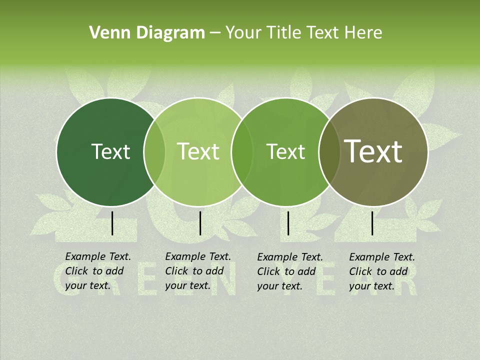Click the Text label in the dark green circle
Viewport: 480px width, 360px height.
pos(110,151)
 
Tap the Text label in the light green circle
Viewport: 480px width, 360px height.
pos(198,151)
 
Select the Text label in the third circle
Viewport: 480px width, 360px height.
pos(285,151)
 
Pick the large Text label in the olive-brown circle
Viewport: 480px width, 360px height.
pos(373,151)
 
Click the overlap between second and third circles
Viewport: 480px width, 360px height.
pos(241,152)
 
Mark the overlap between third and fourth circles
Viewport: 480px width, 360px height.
pos(328,152)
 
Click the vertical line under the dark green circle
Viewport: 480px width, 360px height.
pos(112,223)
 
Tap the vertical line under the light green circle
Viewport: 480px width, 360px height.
pos(200,223)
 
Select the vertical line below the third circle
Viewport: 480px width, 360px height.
pos(288,223)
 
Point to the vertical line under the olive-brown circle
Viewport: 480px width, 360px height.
pos(372,223)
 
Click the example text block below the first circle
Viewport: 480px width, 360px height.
pos(98,271)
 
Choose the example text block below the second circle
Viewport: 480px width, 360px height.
pos(198,271)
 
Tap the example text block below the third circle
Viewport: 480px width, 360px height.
pos(290,271)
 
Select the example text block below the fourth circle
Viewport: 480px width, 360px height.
pos(382,271)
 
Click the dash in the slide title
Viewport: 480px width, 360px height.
pos(215,33)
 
